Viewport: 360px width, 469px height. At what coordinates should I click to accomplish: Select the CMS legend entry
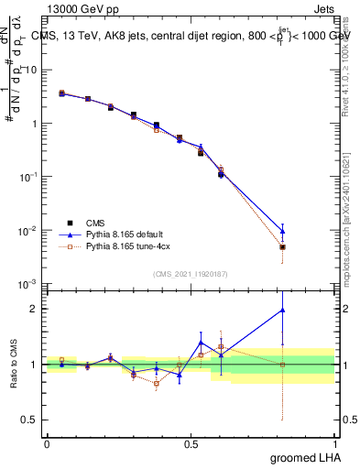click(x=95, y=223)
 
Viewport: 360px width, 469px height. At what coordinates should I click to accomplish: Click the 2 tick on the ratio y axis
click(x=36, y=309)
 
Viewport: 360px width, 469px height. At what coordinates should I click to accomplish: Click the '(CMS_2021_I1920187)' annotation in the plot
click(x=190, y=274)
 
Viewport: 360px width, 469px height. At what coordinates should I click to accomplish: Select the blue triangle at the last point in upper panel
click(x=283, y=231)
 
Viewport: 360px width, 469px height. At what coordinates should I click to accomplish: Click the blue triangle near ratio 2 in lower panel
click(x=283, y=310)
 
